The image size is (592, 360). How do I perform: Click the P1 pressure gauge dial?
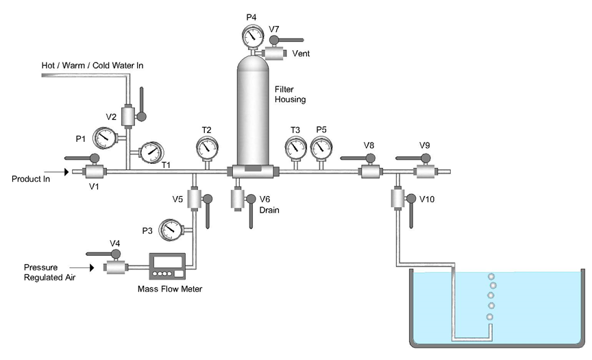tap(104, 137)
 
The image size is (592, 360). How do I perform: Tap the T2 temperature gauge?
tap(206, 147)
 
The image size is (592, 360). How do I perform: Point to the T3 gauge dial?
tap(295, 147)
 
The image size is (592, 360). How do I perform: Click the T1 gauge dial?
tap(150, 152)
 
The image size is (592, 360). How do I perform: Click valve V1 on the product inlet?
tap(93, 172)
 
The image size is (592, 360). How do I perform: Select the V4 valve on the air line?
tap(114, 266)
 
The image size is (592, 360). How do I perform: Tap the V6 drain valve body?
tap(238, 200)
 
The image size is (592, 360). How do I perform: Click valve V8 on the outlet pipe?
tap(371, 171)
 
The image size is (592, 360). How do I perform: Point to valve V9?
tap(426, 171)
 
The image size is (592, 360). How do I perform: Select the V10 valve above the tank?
tap(397, 200)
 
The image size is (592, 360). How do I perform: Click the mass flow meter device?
tap(168, 266)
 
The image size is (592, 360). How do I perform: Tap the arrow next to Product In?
tap(64, 172)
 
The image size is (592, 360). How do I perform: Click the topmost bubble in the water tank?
tap(491, 277)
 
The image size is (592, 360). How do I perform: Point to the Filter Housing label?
tap(290, 95)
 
